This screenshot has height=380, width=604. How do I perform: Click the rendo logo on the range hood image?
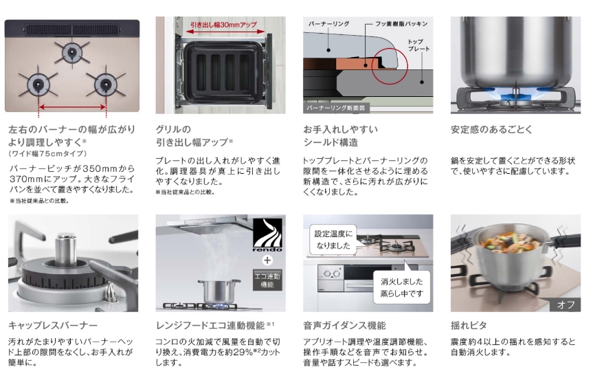[x=267, y=235]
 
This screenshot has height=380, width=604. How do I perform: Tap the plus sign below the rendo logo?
[x=267, y=260]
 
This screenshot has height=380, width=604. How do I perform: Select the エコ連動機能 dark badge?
[x=267, y=280]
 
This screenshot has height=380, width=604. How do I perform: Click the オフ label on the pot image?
[x=566, y=305]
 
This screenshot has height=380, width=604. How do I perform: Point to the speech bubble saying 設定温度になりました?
[x=333, y=240]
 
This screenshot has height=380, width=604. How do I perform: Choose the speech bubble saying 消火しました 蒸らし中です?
[x=401, y=287]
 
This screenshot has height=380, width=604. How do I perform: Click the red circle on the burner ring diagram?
[x=390, y=66]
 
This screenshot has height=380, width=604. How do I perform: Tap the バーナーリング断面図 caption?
[x=336, y=108]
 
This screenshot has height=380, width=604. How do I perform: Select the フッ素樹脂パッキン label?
[x=401, y=24]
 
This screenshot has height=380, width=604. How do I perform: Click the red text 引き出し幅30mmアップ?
[x=223, y=25]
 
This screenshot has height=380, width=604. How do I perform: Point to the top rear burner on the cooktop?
[x=72, y=52]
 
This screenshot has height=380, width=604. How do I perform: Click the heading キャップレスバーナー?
[x=53, y=326]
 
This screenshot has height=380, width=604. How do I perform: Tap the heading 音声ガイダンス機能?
[x=344, y=326]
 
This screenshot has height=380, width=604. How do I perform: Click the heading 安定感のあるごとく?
[x=491, y=129]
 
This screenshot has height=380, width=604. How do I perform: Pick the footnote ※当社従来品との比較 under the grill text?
[x=185, y=192]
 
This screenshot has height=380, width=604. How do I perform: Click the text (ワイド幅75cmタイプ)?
[x=47, y=153]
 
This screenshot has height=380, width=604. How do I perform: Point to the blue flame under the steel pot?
[x=515, y=93]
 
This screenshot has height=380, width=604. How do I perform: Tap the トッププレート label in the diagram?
[x=418, y=45]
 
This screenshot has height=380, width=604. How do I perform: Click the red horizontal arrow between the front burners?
[x=72, y=107]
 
